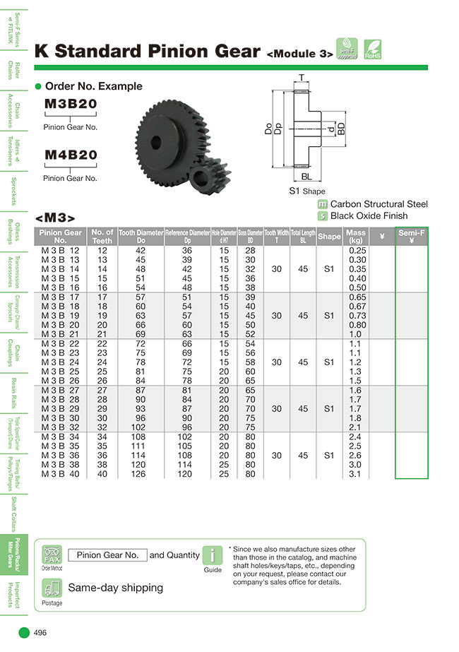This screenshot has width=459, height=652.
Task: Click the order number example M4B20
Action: [x=71, y=155]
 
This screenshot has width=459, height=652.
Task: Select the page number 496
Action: [x=40, y=633]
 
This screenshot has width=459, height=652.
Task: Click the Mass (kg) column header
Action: [x=357, y=236]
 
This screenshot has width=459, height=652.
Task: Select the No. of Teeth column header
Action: [x=102, y=236]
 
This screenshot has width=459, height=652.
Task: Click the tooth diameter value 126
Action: [x=140, y=474]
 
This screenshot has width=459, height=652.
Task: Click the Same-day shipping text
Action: [x=115, y=588]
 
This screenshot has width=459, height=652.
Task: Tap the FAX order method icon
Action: [x=52, y=554]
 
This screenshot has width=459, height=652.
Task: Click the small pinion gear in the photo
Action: [x=210, y=177]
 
